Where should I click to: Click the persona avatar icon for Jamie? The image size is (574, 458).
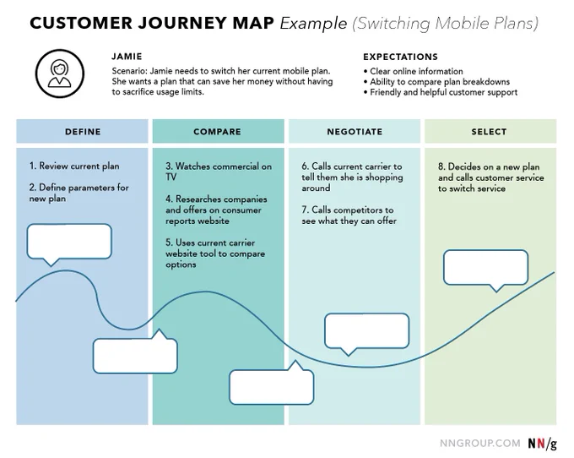point(60,74)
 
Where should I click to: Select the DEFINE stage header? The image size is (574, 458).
point(83,131)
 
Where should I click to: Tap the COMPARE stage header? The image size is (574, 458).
point(218,131)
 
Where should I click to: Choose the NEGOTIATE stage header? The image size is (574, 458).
point(355,131)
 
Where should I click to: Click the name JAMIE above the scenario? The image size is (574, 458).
point(127,57)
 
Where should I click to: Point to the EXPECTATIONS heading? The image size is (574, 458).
point(400,57)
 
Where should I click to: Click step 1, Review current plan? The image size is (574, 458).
point(74,166)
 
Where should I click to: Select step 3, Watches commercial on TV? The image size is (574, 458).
point(219,172)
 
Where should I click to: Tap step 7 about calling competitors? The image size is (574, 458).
point(349,215)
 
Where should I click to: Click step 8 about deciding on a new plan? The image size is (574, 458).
point(491,177)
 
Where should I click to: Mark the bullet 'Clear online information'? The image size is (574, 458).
point(414,71)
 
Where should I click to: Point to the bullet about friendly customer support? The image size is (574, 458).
point(441,92)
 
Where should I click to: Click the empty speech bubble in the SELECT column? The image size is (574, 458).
point(485,268)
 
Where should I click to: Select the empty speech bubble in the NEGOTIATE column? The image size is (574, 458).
point(367,331)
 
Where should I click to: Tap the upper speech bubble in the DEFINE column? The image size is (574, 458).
point(69,242)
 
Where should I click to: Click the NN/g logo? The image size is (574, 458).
point(542,444)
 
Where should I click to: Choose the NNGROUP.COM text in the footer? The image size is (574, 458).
point(480,444)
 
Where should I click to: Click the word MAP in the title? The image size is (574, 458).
point(253,23)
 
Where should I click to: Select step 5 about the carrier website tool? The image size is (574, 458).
point(215,254)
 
